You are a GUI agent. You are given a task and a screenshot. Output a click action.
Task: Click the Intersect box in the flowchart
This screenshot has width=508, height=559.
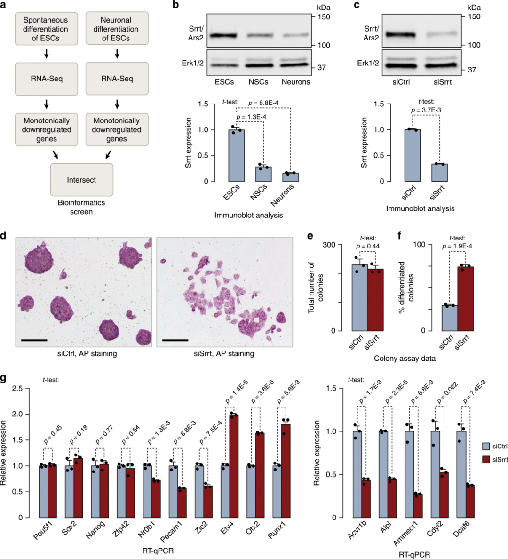pyautogui.click(x=81, y=180)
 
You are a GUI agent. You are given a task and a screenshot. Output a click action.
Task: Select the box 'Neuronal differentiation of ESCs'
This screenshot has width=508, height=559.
pyautogui.click(x=116, y=29)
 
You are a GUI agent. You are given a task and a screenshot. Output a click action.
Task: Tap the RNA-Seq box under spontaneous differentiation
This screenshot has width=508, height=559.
pyautogui.click(x=46, y=79)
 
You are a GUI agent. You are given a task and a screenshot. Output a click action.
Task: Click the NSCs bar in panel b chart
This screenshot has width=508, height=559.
pyautogui.click(x=263, y=174)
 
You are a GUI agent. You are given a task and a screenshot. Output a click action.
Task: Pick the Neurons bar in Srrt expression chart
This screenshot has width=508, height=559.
pyautogui.click(x=290, y=177)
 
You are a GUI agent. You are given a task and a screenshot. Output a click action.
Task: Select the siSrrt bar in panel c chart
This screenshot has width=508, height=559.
pyautogui.click(x=439, y=172)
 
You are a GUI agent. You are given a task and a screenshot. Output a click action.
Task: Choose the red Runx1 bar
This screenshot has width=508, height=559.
pyautogui.click(x=286, y=471)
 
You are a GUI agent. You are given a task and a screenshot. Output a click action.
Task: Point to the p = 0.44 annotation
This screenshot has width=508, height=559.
pyautogui.click(x=367, y=246)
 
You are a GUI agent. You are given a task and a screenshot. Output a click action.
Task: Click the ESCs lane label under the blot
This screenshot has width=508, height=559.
pyautogui.click(x=224, y=82)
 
